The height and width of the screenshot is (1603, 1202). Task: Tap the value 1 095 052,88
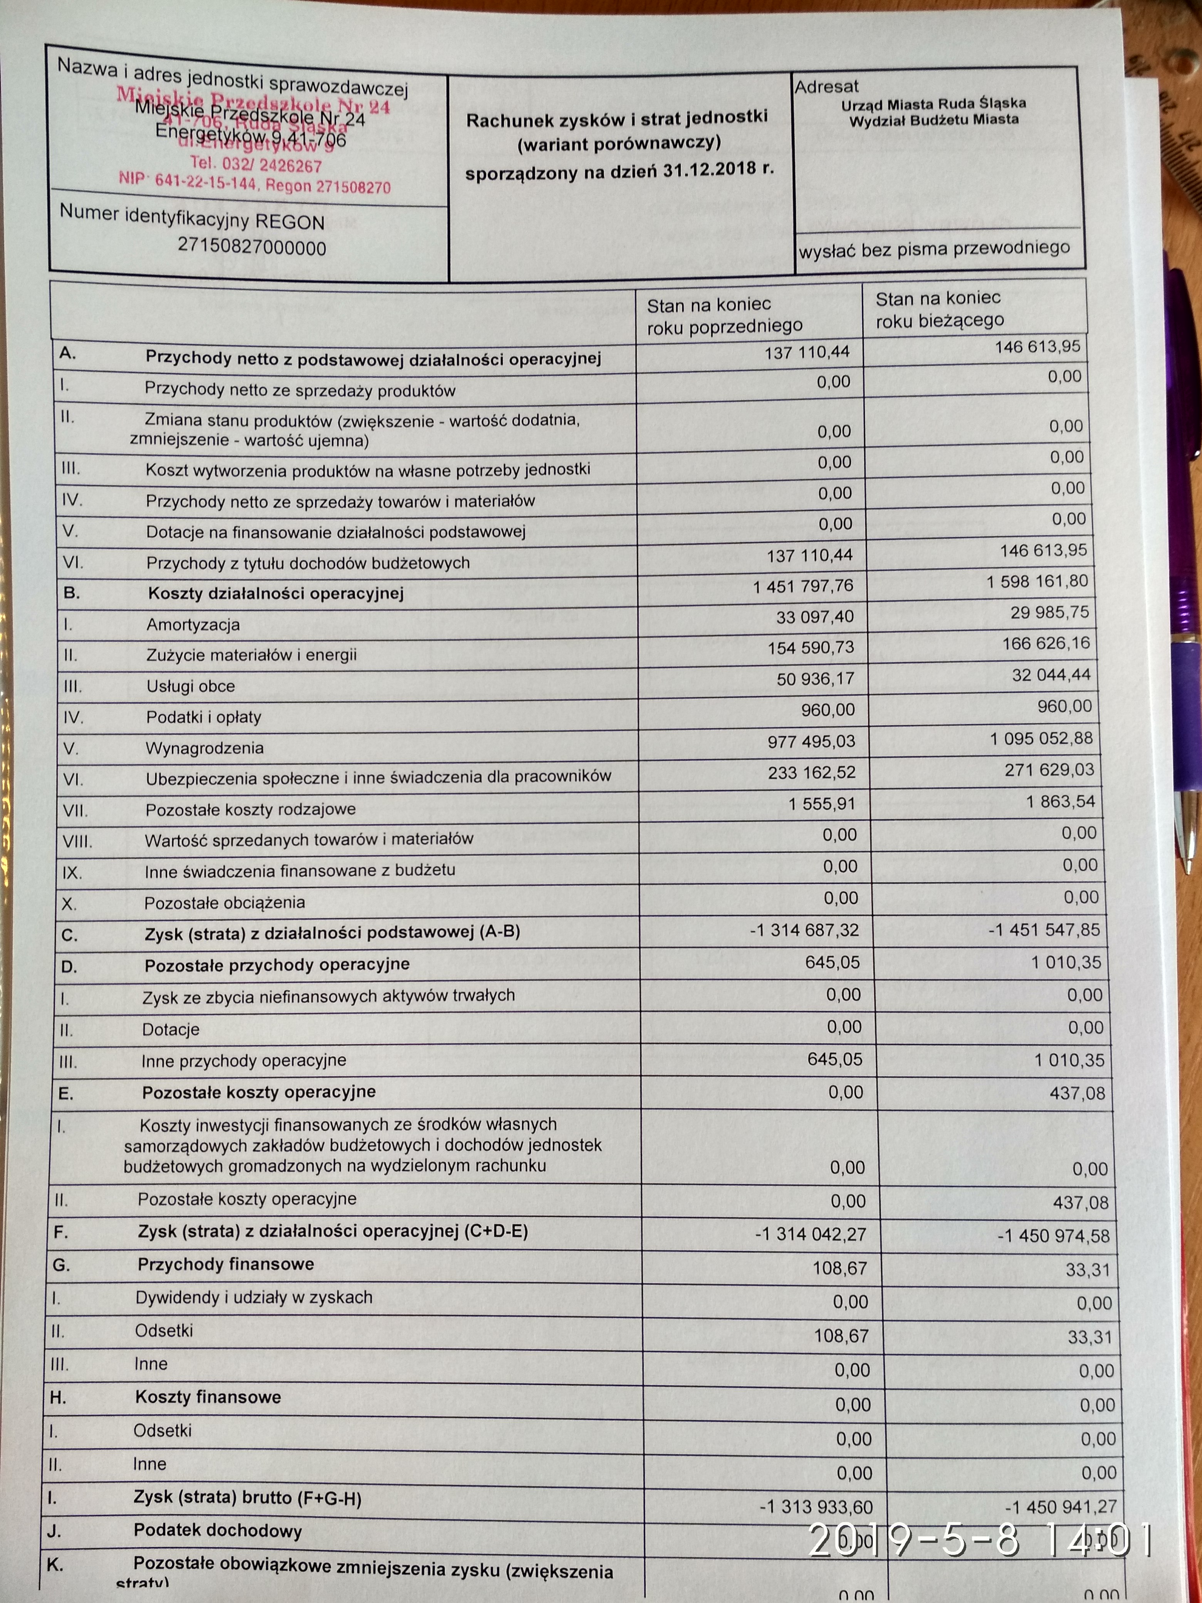(1041, 738)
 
